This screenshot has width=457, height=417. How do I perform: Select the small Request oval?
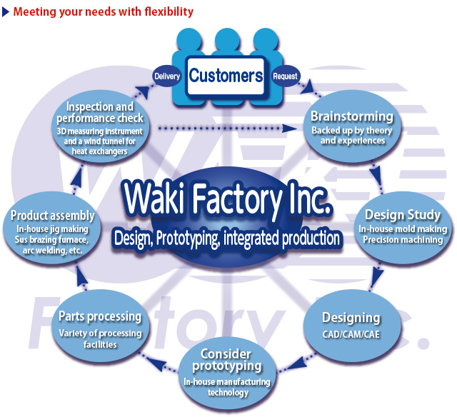pyautogui.click(x=286, y=76)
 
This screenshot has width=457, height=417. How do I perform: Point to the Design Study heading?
pyautogui.click(x=403, y=215)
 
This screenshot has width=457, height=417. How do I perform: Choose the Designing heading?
pyautogui.click(x=351, y=318)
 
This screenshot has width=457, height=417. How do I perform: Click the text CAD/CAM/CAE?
pyautogui.click(x=351, y=334)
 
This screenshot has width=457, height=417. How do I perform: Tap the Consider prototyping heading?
pyautogui.click(x=226, y=360)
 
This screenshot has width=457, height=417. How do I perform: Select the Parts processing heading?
pyautogui.click(x=100, y=316)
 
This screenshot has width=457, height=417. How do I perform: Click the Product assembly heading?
pyautogui.click(x=53, y=216)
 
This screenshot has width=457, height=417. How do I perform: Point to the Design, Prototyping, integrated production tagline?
pyautogui.click(x=226, y=238)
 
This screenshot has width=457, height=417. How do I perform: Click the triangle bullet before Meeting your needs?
pyautogui.click(x=5, y=12)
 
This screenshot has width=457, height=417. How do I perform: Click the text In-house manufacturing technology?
pyautogui.click(x=226, y=387)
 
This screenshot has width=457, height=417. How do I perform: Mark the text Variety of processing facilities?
pyautogui.click(x=100, y=338)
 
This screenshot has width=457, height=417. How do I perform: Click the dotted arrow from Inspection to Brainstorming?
pyautogui.click(x=228, y=129)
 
